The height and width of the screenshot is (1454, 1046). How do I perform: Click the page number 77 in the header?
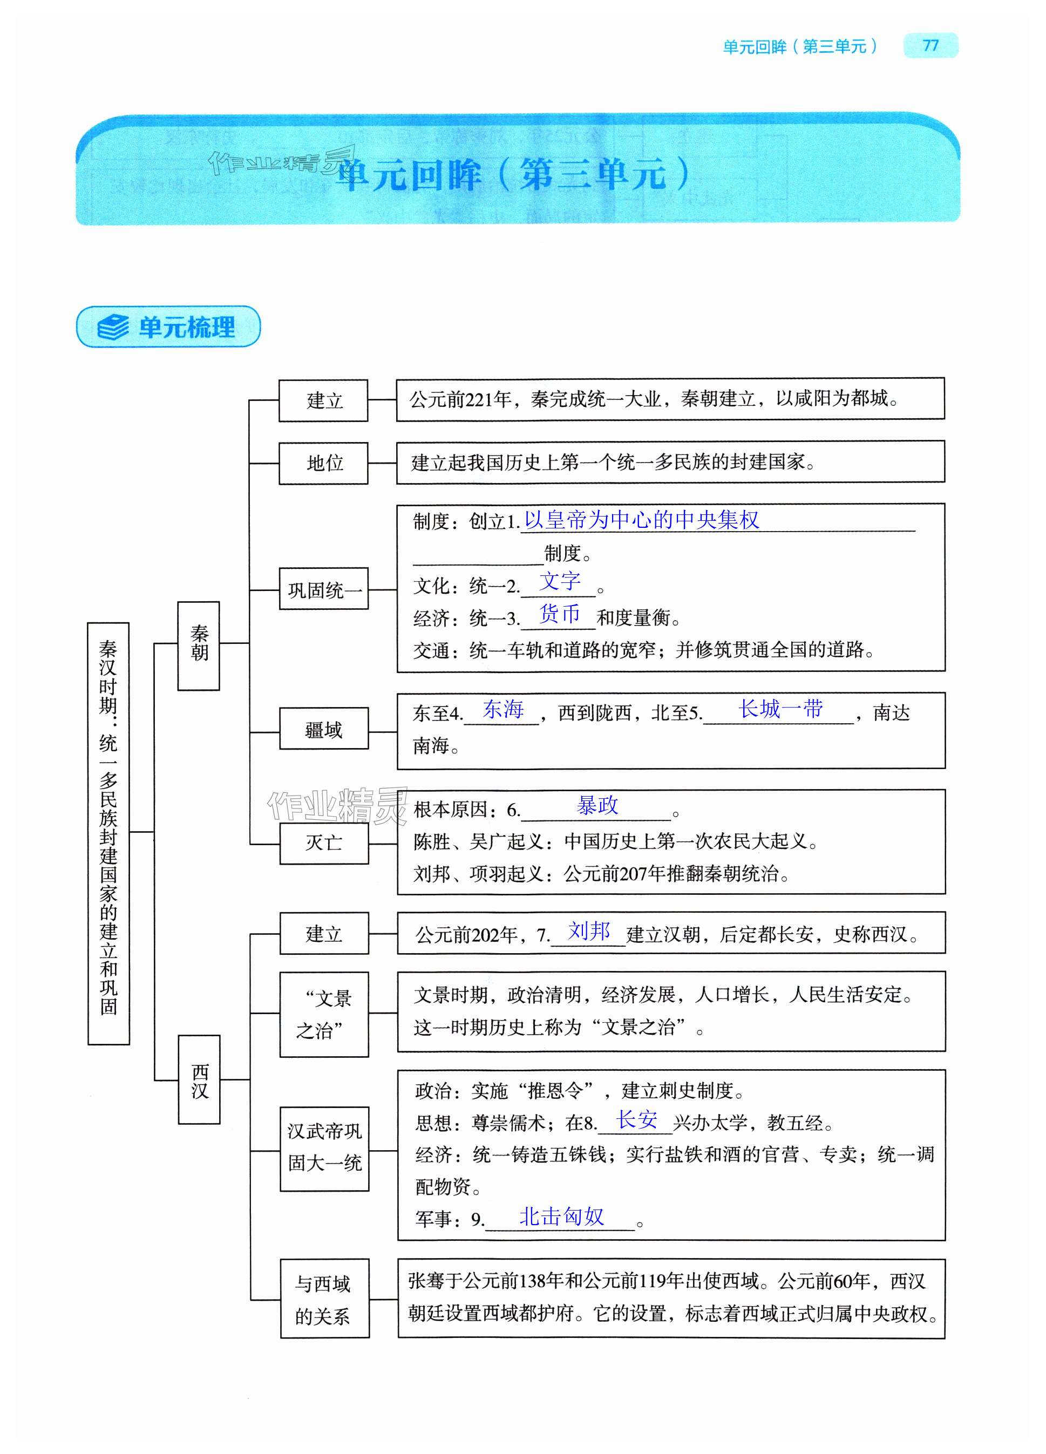pos(930,45)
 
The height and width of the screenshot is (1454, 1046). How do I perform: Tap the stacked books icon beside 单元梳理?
pos(113,327)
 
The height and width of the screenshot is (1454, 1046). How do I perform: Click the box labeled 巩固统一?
pos(324,588)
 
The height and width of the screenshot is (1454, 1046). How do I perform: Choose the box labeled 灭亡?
pos(324,842)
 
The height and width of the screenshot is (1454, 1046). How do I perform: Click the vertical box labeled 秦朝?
pos(199,645)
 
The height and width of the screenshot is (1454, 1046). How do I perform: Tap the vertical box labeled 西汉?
pos(199,1080)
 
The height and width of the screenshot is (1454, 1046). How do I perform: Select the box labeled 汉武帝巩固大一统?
pos(324,1148)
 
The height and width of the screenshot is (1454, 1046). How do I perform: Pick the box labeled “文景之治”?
pos(324,1014)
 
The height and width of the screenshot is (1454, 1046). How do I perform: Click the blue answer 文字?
pos(560,581)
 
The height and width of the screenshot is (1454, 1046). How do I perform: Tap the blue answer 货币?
pos(560,614)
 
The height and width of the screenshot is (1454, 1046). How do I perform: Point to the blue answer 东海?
pos(503,709)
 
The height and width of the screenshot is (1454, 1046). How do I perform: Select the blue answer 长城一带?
pos(780,709)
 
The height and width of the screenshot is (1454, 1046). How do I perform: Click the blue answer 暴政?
pos(597,805)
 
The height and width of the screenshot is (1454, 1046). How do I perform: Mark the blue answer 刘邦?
pos(589,930)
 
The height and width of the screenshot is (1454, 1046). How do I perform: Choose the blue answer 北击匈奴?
pos(561,1216)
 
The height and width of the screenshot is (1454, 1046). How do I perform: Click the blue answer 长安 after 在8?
pos(636,1119)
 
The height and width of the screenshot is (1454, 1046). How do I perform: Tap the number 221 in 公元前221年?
pos(479,399)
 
